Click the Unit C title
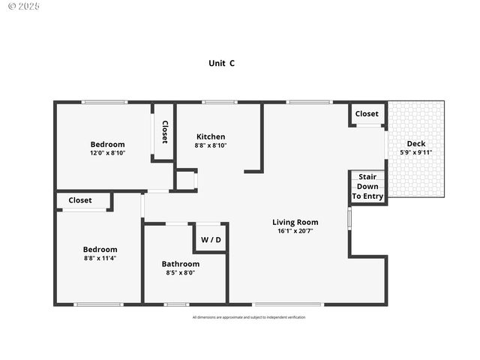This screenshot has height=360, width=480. point(221,64)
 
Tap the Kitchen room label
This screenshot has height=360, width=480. point(211,136)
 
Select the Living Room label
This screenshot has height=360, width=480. point(295,222)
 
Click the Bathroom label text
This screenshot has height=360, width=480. point(181,264)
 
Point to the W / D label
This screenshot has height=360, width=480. point(211,240)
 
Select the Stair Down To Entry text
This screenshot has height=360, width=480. point(367,187)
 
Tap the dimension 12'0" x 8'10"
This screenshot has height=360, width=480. point(107,153)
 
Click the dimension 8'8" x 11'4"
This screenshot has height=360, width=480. point(100,258)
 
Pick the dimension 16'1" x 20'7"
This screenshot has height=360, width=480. point(295,231)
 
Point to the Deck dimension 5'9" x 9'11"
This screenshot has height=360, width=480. point(415,152)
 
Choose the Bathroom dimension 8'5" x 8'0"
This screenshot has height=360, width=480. point(181,273)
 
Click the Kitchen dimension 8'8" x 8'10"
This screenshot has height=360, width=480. point(211,145)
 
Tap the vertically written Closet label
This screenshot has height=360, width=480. point(164,132)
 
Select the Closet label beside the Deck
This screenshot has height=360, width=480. point(367,114)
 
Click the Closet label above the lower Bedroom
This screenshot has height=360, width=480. point(80,200)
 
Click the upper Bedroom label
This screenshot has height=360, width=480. point(107,144)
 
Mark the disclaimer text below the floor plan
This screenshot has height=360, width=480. point(249,317)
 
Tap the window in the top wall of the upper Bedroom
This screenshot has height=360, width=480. point(104,102)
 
